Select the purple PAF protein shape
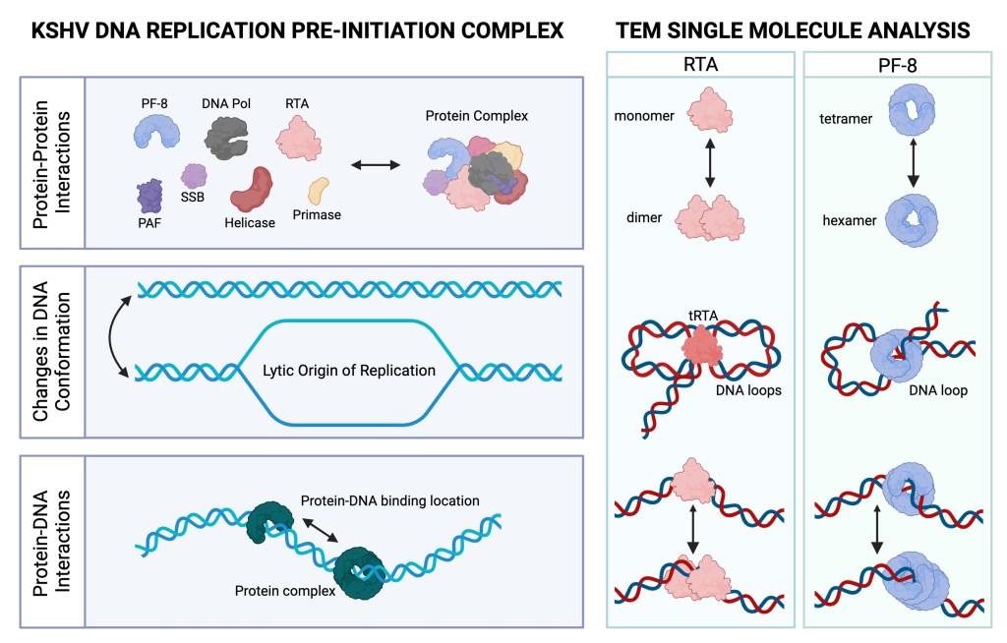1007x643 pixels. point(149,194)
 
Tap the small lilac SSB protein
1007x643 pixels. point(194,177)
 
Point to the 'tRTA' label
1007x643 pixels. point(699,315)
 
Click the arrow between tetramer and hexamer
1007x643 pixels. point(913,162)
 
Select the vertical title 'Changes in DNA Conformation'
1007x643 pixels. point(44,353)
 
